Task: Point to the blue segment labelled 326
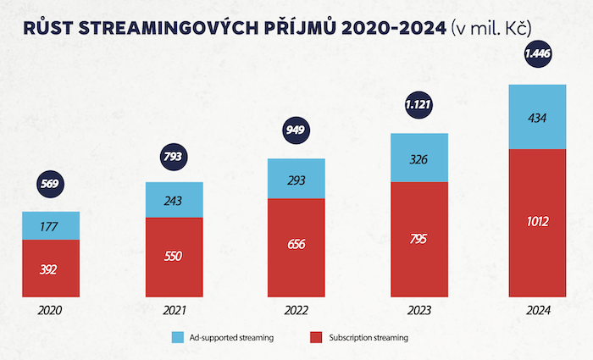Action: (418, 158)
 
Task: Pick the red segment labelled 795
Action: (418, 239)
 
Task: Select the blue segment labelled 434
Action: (537, 117)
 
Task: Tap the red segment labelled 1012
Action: (537, 223)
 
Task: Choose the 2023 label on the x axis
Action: (418, 311)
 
